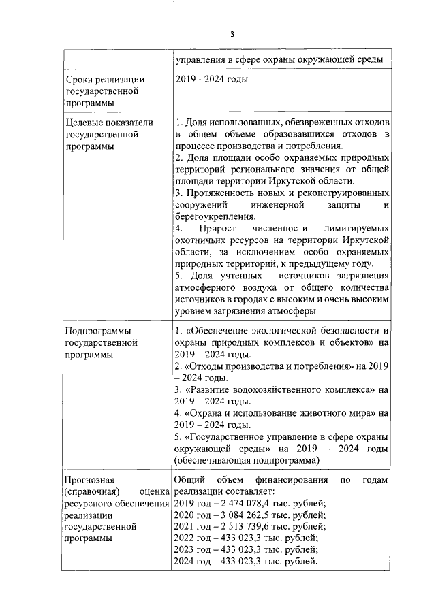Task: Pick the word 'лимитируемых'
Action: pos(355,229)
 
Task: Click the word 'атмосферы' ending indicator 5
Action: pos(294,311)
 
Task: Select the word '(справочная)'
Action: pos(93,492)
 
